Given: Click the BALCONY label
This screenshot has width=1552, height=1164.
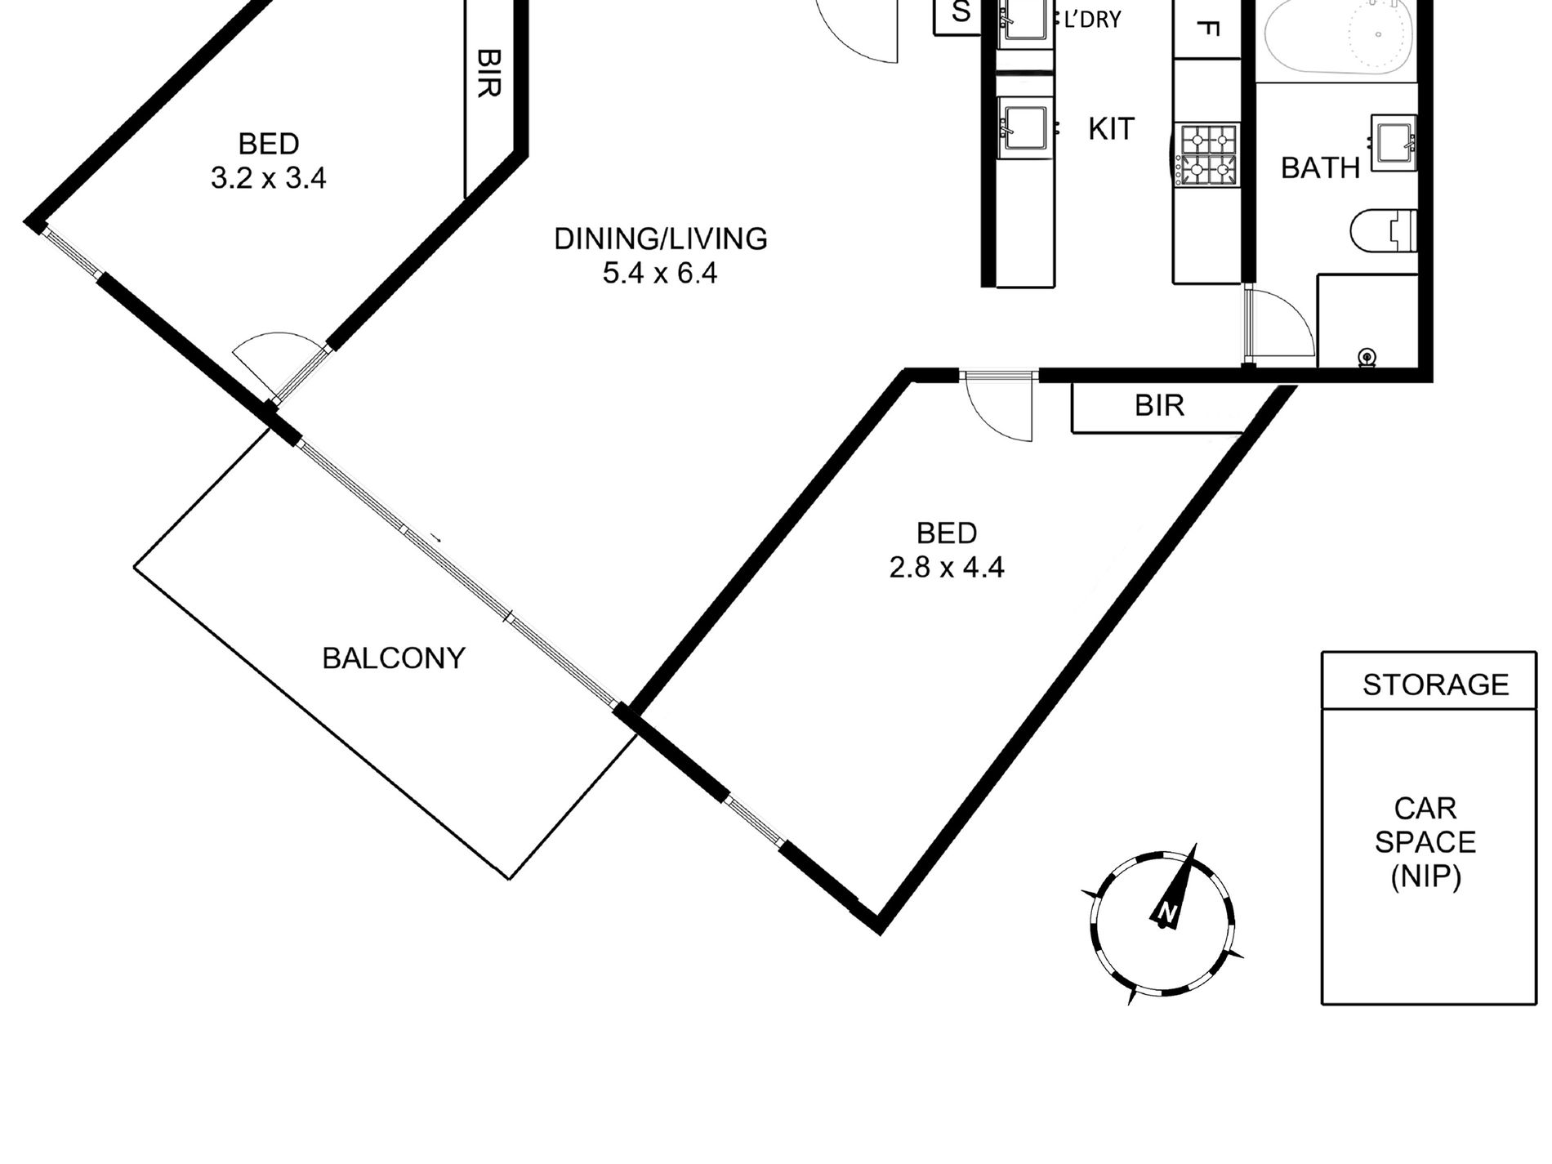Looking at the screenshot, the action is tap(394, 658).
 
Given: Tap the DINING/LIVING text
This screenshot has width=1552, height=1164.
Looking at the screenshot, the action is tap(661, 239).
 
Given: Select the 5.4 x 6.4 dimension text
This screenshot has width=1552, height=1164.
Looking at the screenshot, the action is tap(660, 273).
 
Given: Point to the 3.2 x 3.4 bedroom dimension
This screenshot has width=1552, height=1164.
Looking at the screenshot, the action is tap(269, 178).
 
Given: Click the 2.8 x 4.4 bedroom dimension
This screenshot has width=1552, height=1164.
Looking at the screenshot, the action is tap(947, 567).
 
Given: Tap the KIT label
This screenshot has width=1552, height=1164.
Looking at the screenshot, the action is tap(1111, 129).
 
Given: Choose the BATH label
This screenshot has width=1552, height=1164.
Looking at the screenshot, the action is tap(1320, 168).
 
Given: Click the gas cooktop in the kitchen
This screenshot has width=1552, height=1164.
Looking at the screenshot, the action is tap(1208, 154).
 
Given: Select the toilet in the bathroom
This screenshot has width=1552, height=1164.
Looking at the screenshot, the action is tap(1382, 230).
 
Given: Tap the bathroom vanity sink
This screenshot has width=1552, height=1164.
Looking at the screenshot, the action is tap(1394, 142).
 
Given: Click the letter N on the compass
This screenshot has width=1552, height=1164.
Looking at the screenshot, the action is tap(1167, 912).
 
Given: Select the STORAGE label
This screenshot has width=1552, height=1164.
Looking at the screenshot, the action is tap(1435, 685).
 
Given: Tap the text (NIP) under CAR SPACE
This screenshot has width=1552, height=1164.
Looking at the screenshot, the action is tap(1425, 877).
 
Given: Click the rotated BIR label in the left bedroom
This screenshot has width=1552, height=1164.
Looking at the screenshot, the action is tap(488, 73).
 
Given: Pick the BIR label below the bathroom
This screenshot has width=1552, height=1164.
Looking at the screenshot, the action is tap(1159, 405).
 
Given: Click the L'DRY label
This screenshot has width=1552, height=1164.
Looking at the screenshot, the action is tap(1092, 20).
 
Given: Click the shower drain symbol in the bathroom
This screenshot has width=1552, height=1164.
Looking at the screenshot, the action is tap(1367, 357).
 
